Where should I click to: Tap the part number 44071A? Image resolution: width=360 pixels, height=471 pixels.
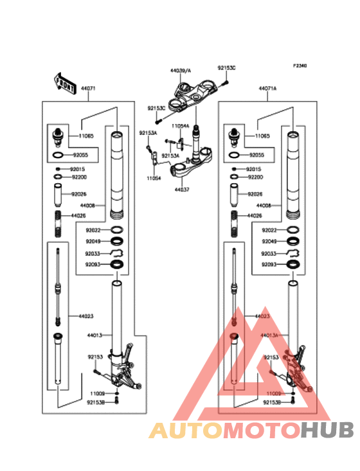pyautogui.click(x=267, y=89)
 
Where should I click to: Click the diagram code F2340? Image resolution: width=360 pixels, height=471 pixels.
pyautogui.click(x=300, y=66)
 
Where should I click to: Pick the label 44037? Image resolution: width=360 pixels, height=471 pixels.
pyautogui.click(x=182, y=190)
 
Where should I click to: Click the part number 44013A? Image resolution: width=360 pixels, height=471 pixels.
pyautogui.click(x=269, y=335)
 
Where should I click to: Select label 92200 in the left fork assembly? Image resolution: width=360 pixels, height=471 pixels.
pyautogui.click(x=78, y=176)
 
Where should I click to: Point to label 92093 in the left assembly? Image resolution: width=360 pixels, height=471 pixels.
pyautogui.click(x=93, y=265)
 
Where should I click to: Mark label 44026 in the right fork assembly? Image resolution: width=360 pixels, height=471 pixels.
pyautogui.click(x=255, y=215)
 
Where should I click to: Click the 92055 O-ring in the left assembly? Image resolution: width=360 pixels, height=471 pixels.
pyautogui.click(x=57, y=156)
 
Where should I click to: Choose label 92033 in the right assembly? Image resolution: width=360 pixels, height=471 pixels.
pyautogui.click(x=269, y=253)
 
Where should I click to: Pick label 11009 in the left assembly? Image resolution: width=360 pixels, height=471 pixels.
pyautogui.click(x=96, y=392)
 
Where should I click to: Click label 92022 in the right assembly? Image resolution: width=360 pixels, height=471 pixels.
pyautogui.click(x=269, y=230)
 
